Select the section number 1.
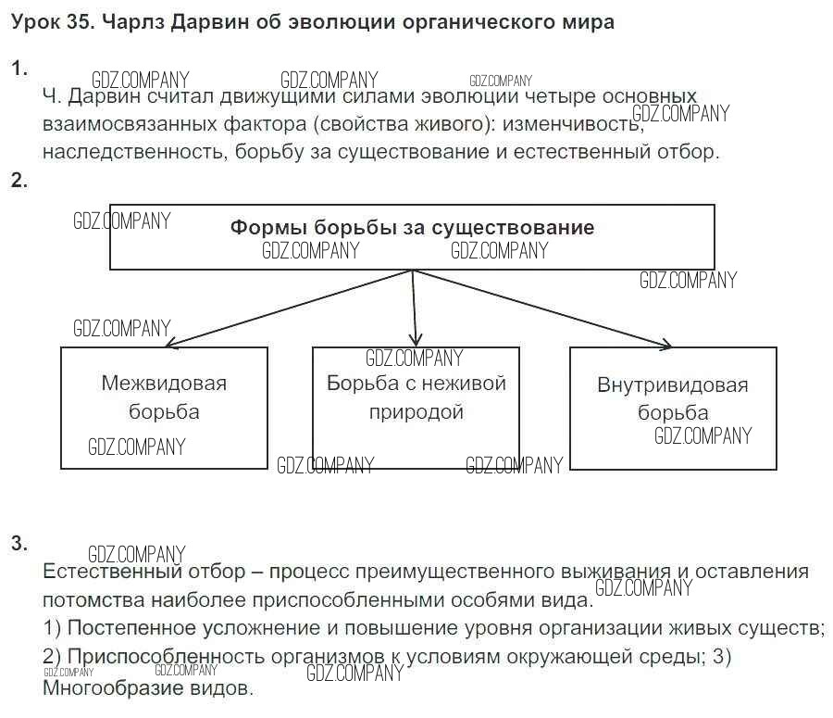click(19, 69)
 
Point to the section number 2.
click(19, 181)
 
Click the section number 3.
click(19, 544)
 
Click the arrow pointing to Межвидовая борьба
click(290, 309)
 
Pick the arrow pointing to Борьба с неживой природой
click(415, 309)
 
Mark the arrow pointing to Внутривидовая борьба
click(541, 309)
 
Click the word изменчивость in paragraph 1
click(573, 124)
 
